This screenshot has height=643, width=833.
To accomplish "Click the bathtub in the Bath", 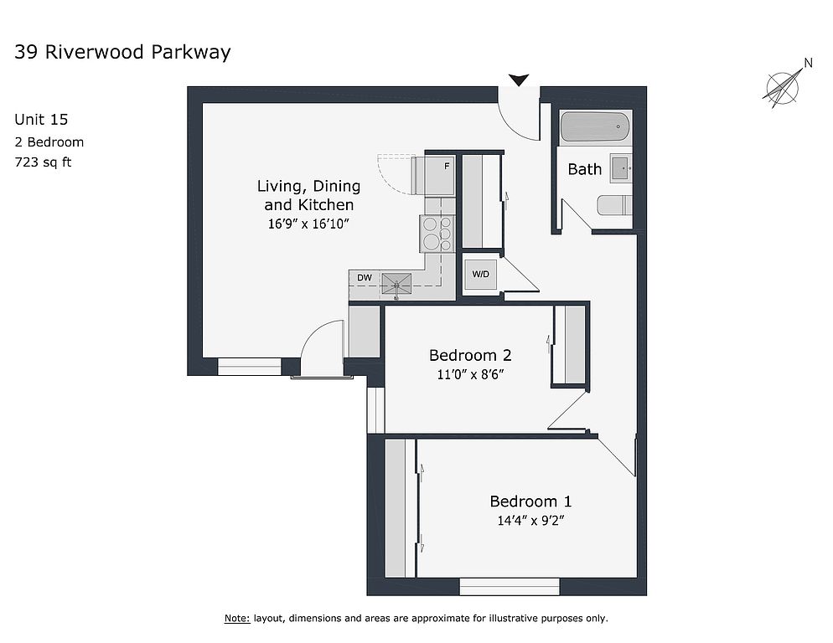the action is click(595, 127).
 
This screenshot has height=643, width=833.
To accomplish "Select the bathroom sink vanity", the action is click(621, 167).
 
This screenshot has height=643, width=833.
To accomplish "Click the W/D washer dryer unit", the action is click(480, 275).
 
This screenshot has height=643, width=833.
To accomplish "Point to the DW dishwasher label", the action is click(365, 277).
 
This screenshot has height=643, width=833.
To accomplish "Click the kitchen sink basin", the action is click(396, 285).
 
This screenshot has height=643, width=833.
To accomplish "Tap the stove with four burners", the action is click(438, 233).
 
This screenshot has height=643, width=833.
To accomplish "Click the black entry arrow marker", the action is click(520, 80).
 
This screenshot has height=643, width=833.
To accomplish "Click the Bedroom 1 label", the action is click(530, 502).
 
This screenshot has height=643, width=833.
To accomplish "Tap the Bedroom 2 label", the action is click(470, 355).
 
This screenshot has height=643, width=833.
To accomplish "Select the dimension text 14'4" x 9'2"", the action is click(530, 520).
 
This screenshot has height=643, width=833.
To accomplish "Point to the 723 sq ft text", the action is click(43, 162).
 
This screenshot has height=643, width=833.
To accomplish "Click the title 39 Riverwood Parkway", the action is click(122, 53).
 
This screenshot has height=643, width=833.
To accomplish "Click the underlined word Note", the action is click(236, 619).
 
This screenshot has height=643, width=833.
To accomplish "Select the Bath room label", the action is click(584, 169).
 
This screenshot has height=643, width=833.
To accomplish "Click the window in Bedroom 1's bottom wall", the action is click(510, 586).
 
